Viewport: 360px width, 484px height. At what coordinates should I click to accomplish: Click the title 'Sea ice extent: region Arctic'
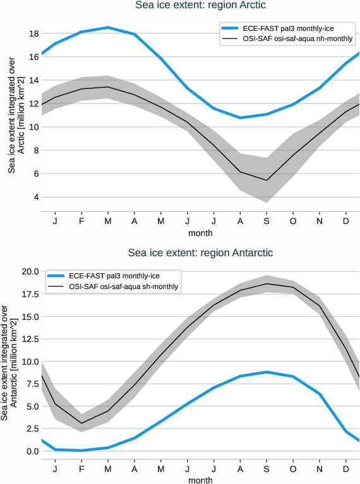click(x=200, y=6)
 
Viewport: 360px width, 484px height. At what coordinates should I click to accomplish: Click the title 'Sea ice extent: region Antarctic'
click(x=200, y=253)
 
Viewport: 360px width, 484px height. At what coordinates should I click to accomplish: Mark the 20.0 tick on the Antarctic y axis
click(x=30, y=272)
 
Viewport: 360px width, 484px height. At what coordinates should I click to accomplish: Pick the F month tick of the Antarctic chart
click(x=81, y=469)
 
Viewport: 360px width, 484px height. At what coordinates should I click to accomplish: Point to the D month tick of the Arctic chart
click(x=347, y=221)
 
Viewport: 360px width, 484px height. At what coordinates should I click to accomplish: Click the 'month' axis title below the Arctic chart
click(x=200, y=233)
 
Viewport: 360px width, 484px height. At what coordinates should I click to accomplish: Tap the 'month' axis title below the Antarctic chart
click(x=200, y=480)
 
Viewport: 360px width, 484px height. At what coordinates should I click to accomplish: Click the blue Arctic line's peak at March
click(x=108, y=27)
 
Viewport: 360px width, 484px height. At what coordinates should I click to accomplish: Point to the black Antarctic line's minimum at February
click(x=81, y=423)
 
